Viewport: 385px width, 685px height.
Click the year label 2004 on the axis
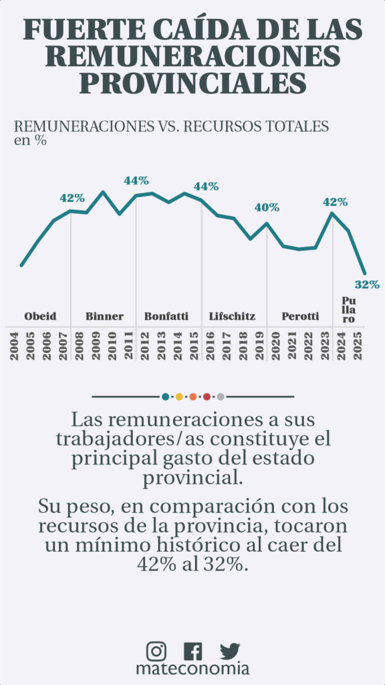pyautogui.click(x=15, y=346)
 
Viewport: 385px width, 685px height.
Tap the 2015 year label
pyautogui.click(x=195, y=346)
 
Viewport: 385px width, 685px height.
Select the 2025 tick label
pyautogui.click(x=358, y=346)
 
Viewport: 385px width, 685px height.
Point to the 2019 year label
pyautogui.click(x=260, y=346)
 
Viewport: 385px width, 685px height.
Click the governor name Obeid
pyautogui.click(x=40, y=316)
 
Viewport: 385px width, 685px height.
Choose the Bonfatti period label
pyautogui.click(x=166, y=316)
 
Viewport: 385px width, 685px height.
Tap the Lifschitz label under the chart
pyautogui.click(x=232, y=316)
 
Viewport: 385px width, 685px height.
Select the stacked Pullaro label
pyautogui.click(x=348, y=310)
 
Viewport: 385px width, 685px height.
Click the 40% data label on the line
pyautogui.click(x=267, y=207)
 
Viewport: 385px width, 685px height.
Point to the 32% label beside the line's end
pyautogui.click(x=367, y=285)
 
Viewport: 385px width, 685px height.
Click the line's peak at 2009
pyautogui.click(x=103, y=192)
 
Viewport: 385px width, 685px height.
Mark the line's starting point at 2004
pyautogui.click(x=21, y=265)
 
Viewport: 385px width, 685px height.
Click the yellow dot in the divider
pyautogui.click(x=179, y=397)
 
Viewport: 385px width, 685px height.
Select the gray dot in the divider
pyautogui.click(x=221, y=397)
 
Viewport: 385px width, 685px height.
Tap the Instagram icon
pyautogui.click(x=156, y=651)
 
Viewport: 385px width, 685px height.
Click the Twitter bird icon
pyautogui.click(x=230, y=651)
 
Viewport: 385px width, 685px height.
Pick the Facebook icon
pyautogui.click(x=193, y=651)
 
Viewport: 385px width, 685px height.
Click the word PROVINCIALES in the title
pyautogui.click(x=192, y=83)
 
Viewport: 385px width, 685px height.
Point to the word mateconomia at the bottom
pyautogui.click(x=192, y=669)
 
